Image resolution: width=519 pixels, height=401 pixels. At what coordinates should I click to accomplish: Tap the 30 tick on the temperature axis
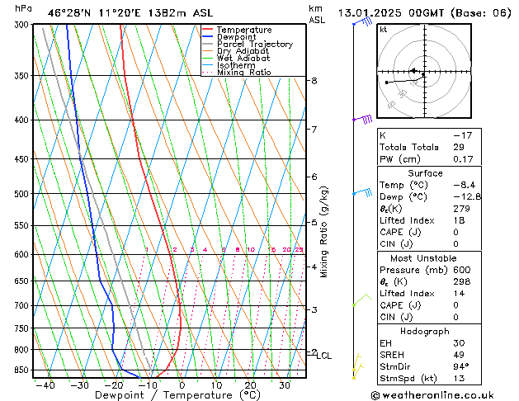284,385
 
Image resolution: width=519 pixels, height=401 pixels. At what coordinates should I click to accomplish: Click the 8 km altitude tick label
314,81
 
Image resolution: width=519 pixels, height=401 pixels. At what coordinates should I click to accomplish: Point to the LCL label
324,356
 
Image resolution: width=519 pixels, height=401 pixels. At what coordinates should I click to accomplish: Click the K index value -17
462,134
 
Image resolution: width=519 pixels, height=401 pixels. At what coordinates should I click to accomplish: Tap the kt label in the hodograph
383,29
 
